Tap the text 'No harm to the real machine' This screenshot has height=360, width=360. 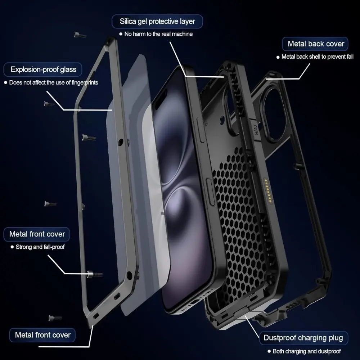[x=158, y=34]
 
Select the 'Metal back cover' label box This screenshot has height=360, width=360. [x=316, y=44]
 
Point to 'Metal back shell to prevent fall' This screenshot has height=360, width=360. [x=317, y=57]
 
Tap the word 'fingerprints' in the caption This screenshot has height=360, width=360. [x=84, y=83]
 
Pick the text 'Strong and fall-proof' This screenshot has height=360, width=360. [x=40, y=247]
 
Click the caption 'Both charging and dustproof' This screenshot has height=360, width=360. [x=306, y=351]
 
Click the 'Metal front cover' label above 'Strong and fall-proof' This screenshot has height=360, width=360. [x=37, y=234]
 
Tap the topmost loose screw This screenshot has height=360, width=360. [x=80, y=35]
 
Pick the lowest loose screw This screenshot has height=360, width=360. [x=55, y=318]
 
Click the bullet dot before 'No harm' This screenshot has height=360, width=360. [x=121, y=34]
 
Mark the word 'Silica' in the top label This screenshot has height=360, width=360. [x=129, y=21]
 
